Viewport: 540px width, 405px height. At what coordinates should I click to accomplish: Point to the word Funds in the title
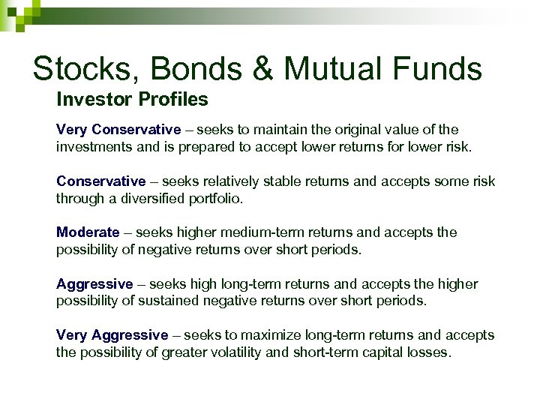click(439, 69)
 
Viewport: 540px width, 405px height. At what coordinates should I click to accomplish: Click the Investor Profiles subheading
click(132, 99)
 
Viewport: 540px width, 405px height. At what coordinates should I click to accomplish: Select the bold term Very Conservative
click(118, 130)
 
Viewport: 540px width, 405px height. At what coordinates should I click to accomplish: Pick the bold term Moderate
click(88, 232)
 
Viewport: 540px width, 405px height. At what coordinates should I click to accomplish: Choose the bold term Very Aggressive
click(112, 335)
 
